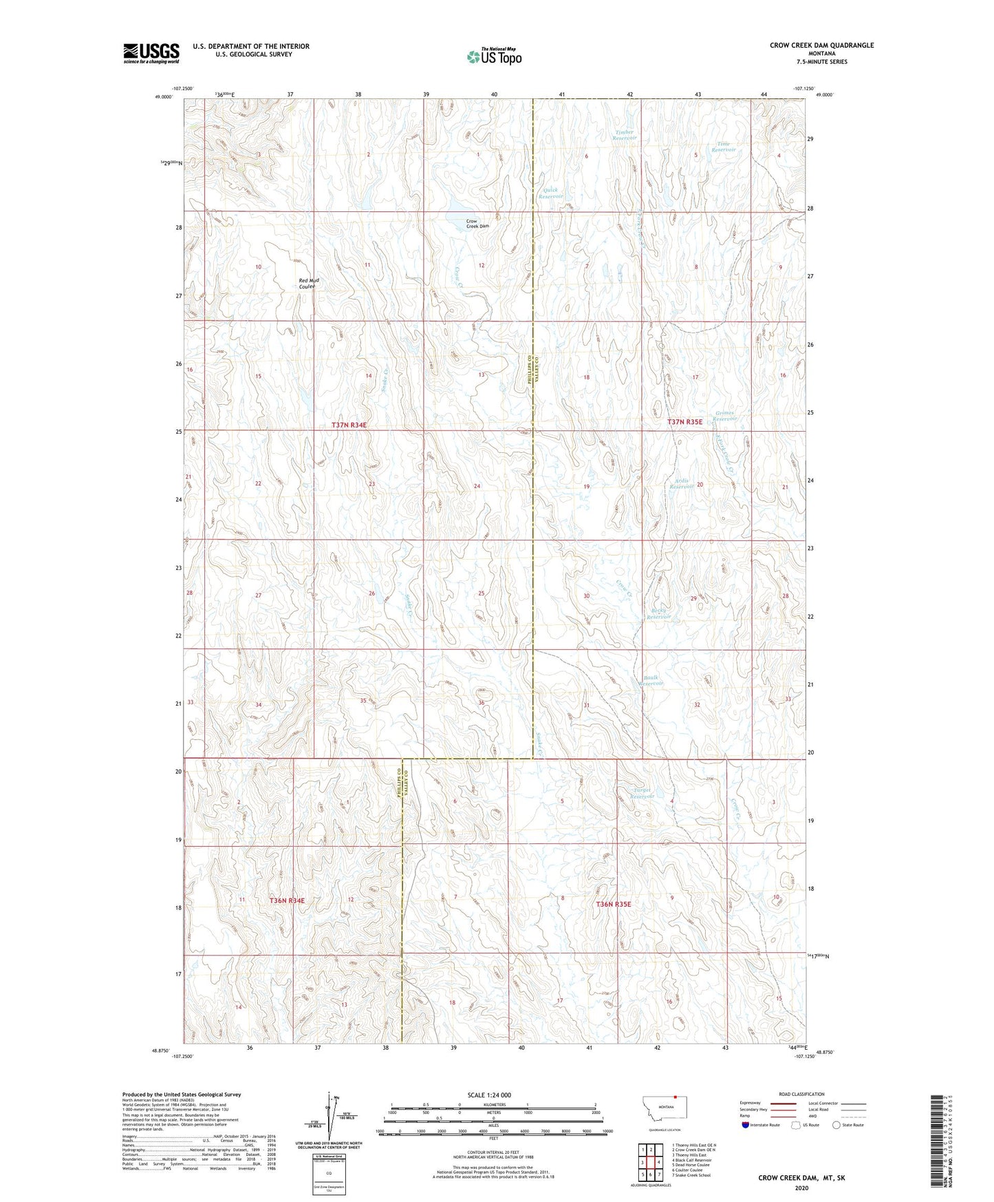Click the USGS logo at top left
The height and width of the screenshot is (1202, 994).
click(151, 53)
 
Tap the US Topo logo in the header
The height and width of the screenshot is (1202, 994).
click(494, 56)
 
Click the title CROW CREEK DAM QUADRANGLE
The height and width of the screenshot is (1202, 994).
click(821, 45)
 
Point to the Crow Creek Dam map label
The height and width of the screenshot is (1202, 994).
click(477, 224)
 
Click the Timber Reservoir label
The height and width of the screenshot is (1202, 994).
click(625, 135)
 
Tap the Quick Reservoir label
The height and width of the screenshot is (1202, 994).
click(550, 193)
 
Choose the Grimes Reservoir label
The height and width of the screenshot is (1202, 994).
click(724, 416)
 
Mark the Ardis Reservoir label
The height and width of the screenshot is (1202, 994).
click(682, 483)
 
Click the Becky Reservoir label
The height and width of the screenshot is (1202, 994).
click(658, 613)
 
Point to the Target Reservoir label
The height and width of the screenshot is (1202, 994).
click(642, 793)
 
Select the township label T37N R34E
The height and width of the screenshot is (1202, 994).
click(349, 425)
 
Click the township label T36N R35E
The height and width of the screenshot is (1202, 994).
click(613, 904)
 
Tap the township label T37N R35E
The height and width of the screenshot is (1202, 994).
click(684, 421)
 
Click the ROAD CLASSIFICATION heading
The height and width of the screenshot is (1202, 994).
click(801, 1094)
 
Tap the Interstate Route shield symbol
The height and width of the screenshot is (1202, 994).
click(746, 1125)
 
